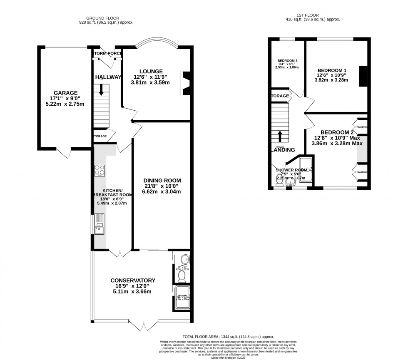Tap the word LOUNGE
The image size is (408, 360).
151,71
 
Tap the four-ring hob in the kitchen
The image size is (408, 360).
100,170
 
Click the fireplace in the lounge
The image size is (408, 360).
185,83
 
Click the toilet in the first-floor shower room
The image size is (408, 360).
279,181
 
